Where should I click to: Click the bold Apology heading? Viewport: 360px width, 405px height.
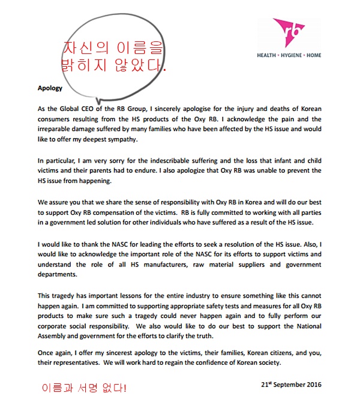[x=50, y=88]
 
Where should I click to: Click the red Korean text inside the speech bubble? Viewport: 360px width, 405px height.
[x=113, y=56]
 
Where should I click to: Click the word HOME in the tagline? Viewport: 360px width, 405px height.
[x=314, y=55]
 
